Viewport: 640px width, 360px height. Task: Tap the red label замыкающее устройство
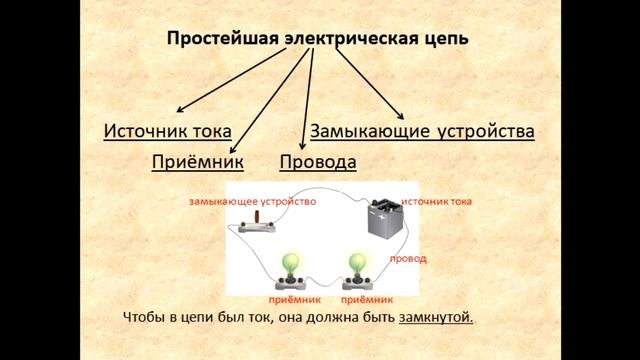pos(252,201)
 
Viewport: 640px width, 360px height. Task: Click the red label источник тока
pos(437,201)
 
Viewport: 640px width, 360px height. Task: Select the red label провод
pos(407,258)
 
